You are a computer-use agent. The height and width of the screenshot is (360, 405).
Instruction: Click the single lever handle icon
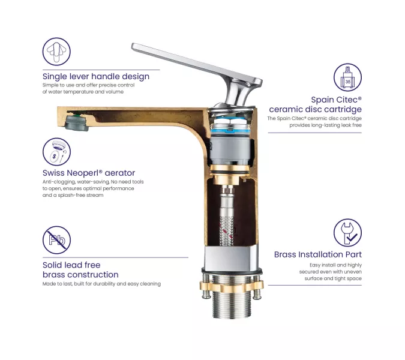[x=56, y=52]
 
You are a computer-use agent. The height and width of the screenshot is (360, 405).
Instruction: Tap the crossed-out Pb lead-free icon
[x=56, y=240]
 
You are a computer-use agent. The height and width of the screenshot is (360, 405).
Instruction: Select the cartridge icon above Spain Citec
[x=347, y=77]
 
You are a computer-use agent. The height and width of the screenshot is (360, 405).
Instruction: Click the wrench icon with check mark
[x=347, y=233]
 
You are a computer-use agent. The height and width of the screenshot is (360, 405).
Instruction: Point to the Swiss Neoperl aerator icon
[x=56, y=152]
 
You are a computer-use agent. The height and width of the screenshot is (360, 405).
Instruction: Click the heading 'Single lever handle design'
[x=96, y=76]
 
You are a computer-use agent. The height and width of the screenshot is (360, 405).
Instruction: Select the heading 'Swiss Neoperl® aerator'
[x=89, y=173]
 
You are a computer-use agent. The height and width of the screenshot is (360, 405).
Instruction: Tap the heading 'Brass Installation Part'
[x=317, y=254]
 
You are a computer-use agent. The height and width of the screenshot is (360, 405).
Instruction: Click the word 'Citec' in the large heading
[x=347, y=100]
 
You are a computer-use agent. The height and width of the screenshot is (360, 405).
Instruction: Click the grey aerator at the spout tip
[x=76, y=123]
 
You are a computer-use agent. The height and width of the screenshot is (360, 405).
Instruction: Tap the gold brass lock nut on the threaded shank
[x=232, y=285]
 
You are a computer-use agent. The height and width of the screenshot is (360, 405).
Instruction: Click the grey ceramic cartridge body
[x=230, y=151]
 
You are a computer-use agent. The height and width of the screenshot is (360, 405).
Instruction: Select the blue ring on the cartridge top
[x=230, y=131]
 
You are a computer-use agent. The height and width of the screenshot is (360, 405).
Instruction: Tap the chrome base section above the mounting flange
[x=232, y=258]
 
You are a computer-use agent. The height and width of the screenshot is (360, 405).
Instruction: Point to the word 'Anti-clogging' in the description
[x=59, y=182]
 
